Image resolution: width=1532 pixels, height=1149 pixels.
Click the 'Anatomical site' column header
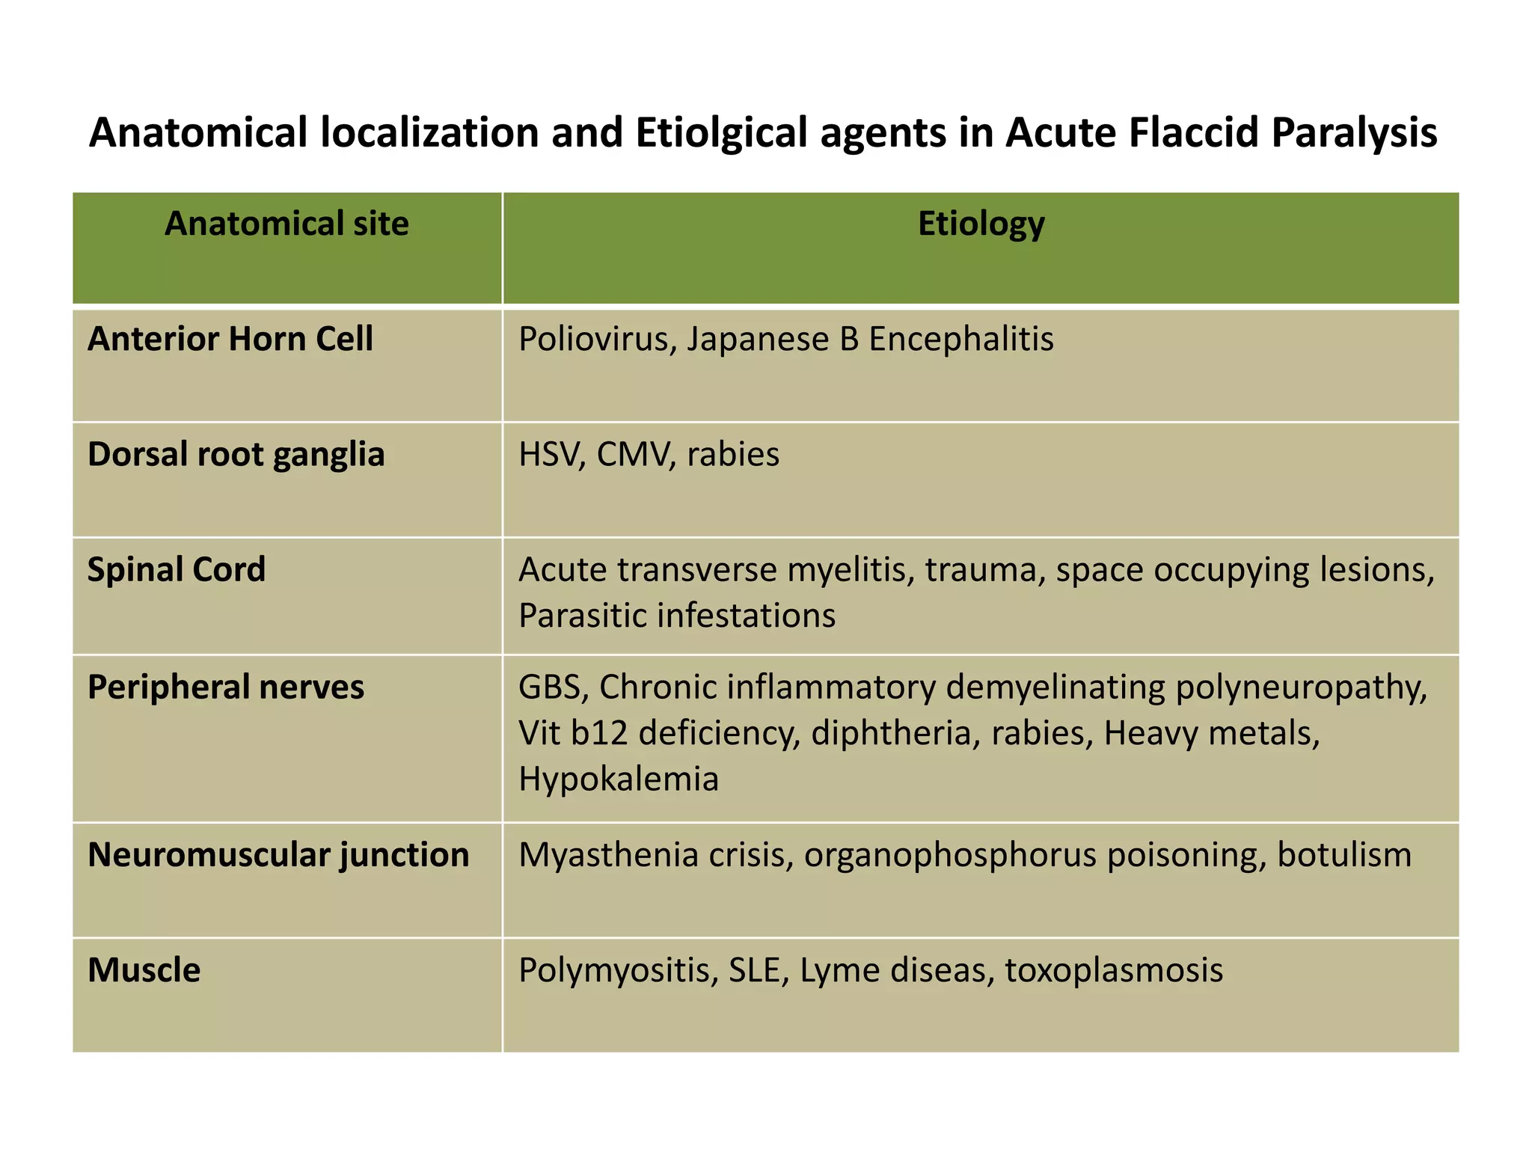[x=287, y=224]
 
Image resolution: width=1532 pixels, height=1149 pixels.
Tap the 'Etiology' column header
[x=981, y=224]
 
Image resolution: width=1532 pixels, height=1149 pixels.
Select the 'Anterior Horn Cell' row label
[x=230, y=339]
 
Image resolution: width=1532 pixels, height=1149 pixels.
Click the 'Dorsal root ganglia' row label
[x=236, y=455]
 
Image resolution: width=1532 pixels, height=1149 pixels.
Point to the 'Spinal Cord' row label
[x=177, y=570]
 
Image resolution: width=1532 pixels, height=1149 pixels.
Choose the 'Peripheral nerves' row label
[x=225, y=687]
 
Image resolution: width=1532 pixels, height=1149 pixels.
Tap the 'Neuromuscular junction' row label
[x=278, y=855]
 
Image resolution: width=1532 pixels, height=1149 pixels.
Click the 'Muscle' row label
[x=144, y=970]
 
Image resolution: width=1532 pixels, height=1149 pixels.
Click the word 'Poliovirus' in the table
[x=597, y=339]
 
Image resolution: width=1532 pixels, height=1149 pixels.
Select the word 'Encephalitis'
[x=960, y=339]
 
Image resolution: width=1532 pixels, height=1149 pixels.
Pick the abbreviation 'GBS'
[x=550, y=687]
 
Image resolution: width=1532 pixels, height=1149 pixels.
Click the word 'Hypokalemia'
[x=618, y=779]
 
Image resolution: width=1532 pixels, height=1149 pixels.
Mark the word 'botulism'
[x=1343, y=855]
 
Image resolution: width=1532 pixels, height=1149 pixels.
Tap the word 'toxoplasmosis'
[x=1114, y=971]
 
